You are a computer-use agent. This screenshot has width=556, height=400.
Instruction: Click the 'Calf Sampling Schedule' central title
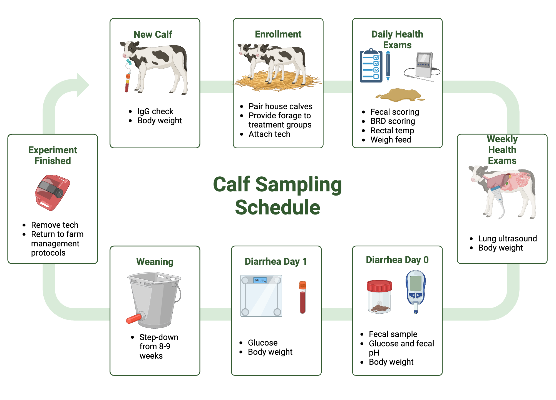click(277, 196)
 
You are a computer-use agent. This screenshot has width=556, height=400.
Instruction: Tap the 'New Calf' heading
click(153, 34)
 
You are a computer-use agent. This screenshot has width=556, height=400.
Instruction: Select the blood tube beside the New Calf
click(127, 82)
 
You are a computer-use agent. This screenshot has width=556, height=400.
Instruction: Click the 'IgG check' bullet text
click(155, 111)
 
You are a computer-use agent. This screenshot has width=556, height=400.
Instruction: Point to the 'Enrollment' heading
click(278, 34)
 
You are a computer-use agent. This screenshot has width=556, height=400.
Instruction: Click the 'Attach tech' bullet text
click(269, 134)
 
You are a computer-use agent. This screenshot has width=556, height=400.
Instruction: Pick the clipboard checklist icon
click(371, 66)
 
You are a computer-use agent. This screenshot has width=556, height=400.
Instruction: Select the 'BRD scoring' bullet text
click(393, 121)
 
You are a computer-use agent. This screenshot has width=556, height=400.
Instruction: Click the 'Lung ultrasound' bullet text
click(507, 239)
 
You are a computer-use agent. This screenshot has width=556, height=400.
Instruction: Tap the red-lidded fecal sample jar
click(379, 296)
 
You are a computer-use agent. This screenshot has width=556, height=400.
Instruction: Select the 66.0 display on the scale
click(260, 280)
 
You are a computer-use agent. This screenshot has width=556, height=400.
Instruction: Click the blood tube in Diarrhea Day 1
click(302, 297)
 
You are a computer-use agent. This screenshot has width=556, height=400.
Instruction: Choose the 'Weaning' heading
click(155, 262)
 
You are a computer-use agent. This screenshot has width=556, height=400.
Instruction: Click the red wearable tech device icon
click(53, 192)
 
